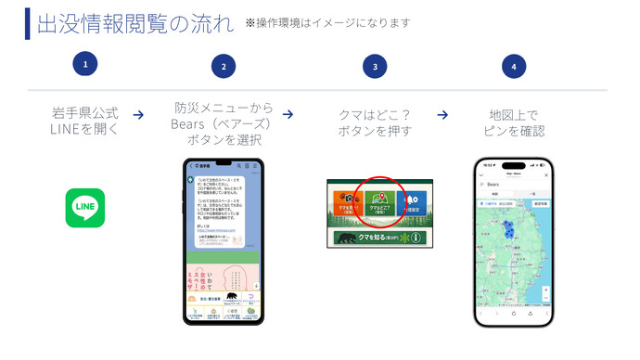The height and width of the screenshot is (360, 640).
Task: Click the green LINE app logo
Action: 85,208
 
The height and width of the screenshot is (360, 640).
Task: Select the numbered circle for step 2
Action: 223,66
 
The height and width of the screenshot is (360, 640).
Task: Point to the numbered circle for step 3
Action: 374,66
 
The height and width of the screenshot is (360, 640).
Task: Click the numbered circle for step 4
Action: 514,66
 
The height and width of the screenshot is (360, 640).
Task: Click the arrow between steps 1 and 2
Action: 138,115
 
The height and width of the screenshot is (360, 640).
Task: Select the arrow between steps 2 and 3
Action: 288,115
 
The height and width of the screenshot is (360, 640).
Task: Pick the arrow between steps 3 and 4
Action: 442,115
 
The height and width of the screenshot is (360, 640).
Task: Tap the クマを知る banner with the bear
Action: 380,238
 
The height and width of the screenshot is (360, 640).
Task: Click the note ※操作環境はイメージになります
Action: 327,23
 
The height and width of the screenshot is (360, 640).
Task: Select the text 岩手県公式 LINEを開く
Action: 84,122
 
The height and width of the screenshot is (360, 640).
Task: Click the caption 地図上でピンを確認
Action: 514,122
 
